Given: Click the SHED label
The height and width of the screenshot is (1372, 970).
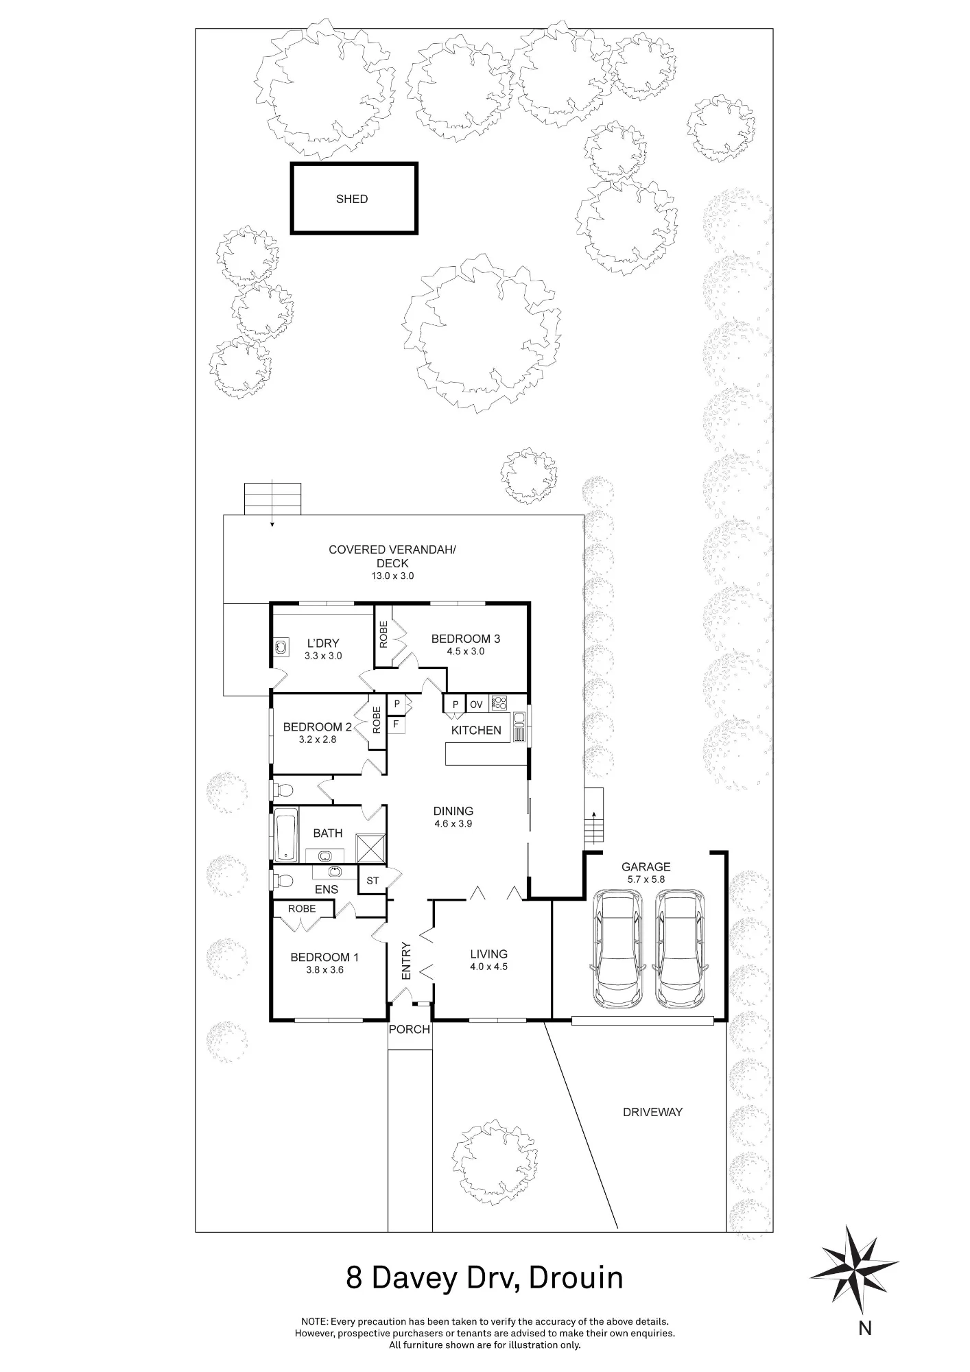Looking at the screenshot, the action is pos(352,199).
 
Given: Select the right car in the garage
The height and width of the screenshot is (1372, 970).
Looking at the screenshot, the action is pos(680,949).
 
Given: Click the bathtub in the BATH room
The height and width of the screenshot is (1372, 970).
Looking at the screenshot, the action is pos(286,834).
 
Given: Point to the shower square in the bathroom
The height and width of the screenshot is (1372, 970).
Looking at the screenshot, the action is pos(370,847).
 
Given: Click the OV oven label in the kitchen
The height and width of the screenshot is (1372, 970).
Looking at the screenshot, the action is pos(476,705).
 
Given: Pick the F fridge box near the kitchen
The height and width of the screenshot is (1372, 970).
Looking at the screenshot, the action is pos(396,724).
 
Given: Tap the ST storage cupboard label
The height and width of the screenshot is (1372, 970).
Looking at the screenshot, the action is pos(372,881).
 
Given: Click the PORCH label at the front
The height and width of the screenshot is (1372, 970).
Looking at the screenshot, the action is pos(410,1029).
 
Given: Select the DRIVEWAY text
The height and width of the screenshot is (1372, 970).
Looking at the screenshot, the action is pos(652,1112).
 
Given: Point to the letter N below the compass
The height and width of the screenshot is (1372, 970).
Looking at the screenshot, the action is pos(865,1329).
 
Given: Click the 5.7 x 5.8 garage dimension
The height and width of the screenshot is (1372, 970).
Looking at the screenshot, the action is pos(646,879).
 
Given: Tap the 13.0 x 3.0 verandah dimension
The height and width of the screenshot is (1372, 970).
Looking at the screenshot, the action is pos(392,576).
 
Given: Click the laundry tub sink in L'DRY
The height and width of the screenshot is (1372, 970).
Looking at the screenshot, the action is pos(281,646).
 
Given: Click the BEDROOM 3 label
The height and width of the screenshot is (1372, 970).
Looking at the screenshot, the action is pos(466,639).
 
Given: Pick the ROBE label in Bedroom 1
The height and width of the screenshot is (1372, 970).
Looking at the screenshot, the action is pos(302,908).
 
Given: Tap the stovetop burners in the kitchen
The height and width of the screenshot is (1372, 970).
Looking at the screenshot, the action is pos(499,703).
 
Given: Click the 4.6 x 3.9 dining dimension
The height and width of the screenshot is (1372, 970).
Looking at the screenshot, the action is pos(453,824).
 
